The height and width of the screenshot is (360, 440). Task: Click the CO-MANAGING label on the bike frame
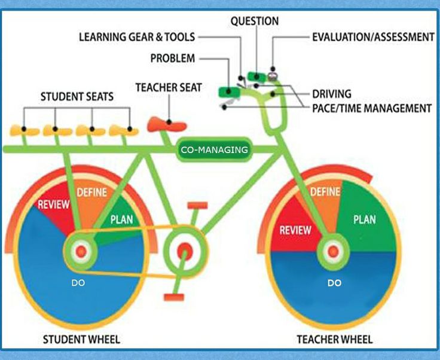[x=214, y=150]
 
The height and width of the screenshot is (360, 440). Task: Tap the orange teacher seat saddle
[x=167, y=124]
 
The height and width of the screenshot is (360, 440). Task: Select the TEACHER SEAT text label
[x=168, y=87]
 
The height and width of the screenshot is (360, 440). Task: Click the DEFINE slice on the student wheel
[x=91, y=193]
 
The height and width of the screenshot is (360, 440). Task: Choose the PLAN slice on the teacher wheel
[x=364, y=219]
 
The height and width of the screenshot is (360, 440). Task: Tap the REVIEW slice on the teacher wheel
[x=295, y=230]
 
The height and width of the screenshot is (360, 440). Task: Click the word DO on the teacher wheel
[x=334, y=282]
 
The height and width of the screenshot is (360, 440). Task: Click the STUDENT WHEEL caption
[x=81, y=340]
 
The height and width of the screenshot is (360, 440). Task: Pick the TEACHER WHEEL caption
[x=334, y=340]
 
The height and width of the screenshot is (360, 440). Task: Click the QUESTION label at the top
[x=255, y=21]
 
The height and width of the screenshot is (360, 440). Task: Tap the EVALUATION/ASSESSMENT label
[x=373, y=36]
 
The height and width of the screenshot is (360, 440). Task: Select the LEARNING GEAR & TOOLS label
[x=137, y=36]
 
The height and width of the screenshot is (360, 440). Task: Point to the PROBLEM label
[x=172, y=58]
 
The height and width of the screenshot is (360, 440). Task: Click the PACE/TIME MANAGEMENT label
[x=372, y=108]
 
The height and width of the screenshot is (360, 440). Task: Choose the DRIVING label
[x=332, y=94]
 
